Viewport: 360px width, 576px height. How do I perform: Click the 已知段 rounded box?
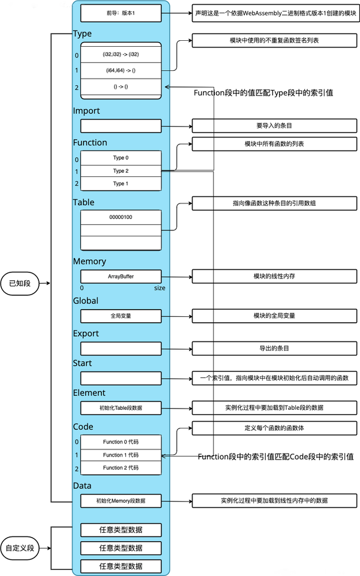(x=20, y=283)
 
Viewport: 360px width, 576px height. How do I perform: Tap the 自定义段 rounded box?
(x=20, y=548)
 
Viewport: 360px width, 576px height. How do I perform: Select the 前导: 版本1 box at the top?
(x=121, y=13)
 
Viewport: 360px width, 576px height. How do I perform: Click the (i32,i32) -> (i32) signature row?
(x=121, y=55)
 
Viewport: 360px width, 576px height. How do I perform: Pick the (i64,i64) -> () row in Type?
(x=121, y=71)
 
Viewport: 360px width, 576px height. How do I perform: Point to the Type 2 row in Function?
(x=121, y=171)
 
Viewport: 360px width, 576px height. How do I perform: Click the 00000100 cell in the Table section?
(x=121, y=217)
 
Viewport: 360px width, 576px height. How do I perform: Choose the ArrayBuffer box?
(x=121, y=277)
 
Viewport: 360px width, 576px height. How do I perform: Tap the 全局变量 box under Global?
(x=121, y=316)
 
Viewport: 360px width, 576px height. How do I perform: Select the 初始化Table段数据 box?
(x=121, y=408)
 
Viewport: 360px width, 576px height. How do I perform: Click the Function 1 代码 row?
(x=121, y=455)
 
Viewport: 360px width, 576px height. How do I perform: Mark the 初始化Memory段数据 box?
(x=121, y=501)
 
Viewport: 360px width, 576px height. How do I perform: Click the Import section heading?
(x=86, y=111)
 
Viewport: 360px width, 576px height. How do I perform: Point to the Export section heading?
(x=86, y=334)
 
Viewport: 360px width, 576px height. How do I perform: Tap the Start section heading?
(x=82, y=364)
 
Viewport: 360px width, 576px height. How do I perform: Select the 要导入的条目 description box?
(x=274, y=125)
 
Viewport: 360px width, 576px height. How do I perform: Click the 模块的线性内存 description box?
(x=274, y=276)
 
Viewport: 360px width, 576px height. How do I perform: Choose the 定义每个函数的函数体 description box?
(x=274, y=428)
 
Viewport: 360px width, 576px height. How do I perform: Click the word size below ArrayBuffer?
(x=160, y=288)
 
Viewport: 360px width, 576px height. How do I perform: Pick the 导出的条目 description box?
(x=274, y=348)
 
